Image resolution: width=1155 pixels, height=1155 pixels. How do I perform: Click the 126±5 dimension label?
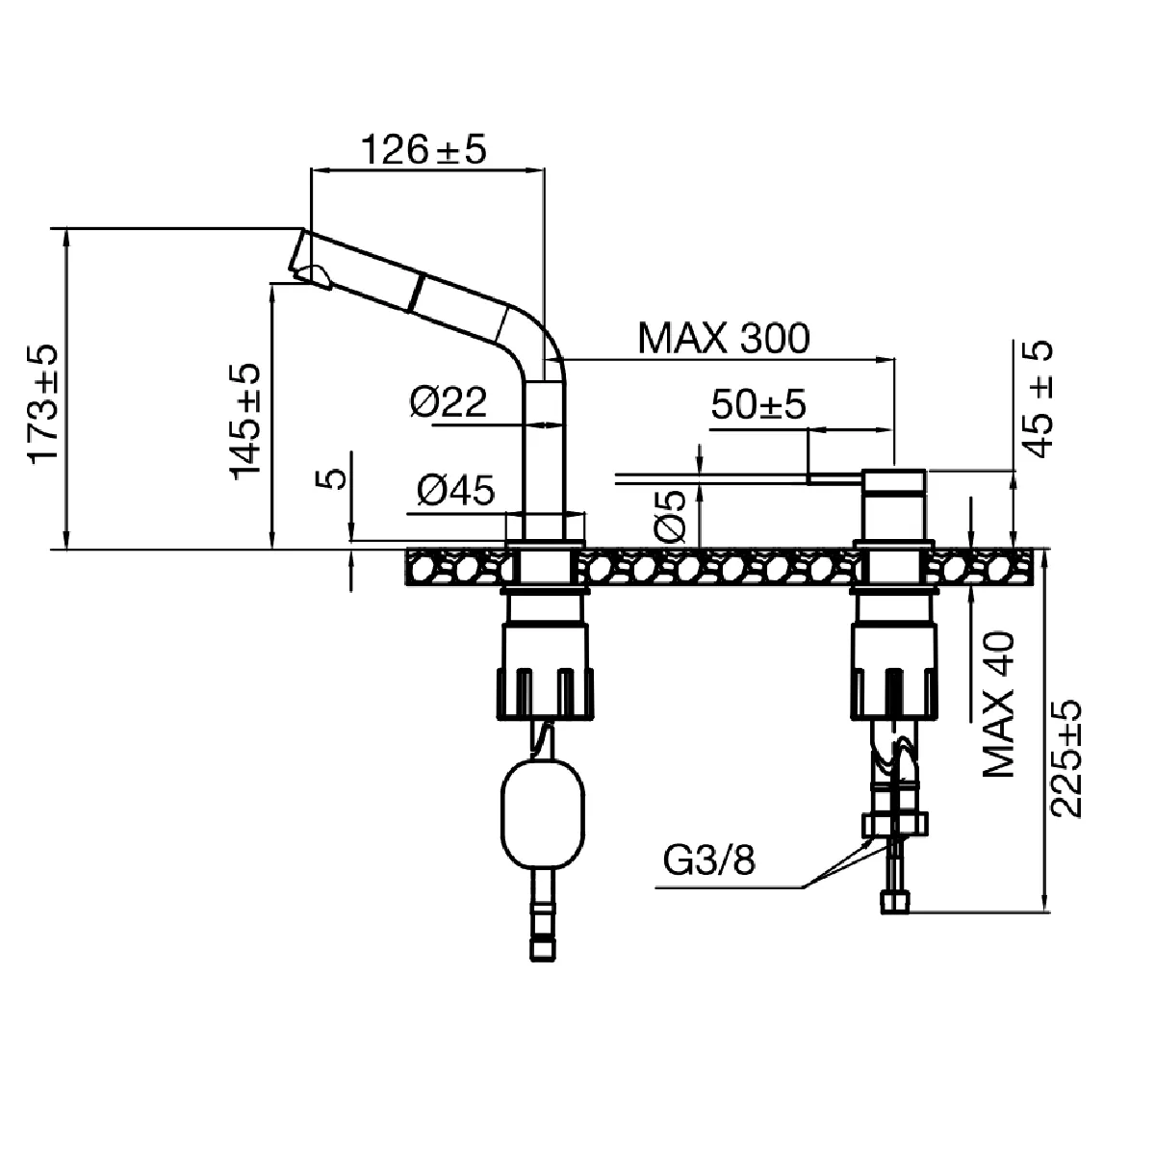point(423,150)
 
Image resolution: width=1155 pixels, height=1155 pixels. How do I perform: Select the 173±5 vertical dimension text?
point(43,404)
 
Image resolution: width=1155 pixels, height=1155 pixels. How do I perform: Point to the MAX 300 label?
point(725,338)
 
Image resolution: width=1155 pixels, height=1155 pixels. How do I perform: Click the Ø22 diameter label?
point(449,402)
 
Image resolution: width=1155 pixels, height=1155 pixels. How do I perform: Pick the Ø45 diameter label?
point(455,492)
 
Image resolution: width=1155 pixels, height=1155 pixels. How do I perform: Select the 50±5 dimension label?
point(757,405)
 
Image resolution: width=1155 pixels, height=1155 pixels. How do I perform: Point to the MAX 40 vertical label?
point(1000,705)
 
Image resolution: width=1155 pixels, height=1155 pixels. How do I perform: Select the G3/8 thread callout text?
point(709,860)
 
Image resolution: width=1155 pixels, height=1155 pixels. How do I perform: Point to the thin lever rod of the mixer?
point(712,475)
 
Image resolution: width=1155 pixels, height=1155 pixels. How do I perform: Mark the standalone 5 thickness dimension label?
point(334,478)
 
